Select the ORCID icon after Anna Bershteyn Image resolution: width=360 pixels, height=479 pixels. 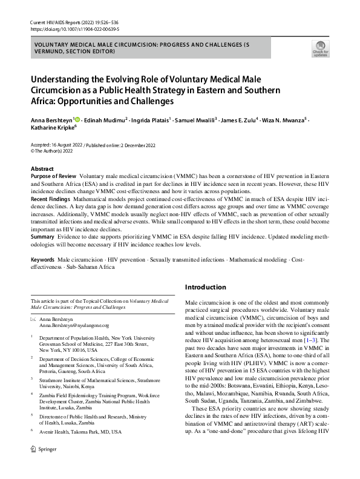(76, 121)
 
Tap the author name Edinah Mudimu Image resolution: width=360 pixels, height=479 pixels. (104, 121)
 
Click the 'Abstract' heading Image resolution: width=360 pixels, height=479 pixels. (42, 169)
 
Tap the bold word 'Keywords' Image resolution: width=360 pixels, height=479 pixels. (42, 259)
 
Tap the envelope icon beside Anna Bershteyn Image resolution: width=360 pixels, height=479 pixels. (34, 319)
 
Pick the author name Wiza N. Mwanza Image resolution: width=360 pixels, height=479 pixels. (284, 121)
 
